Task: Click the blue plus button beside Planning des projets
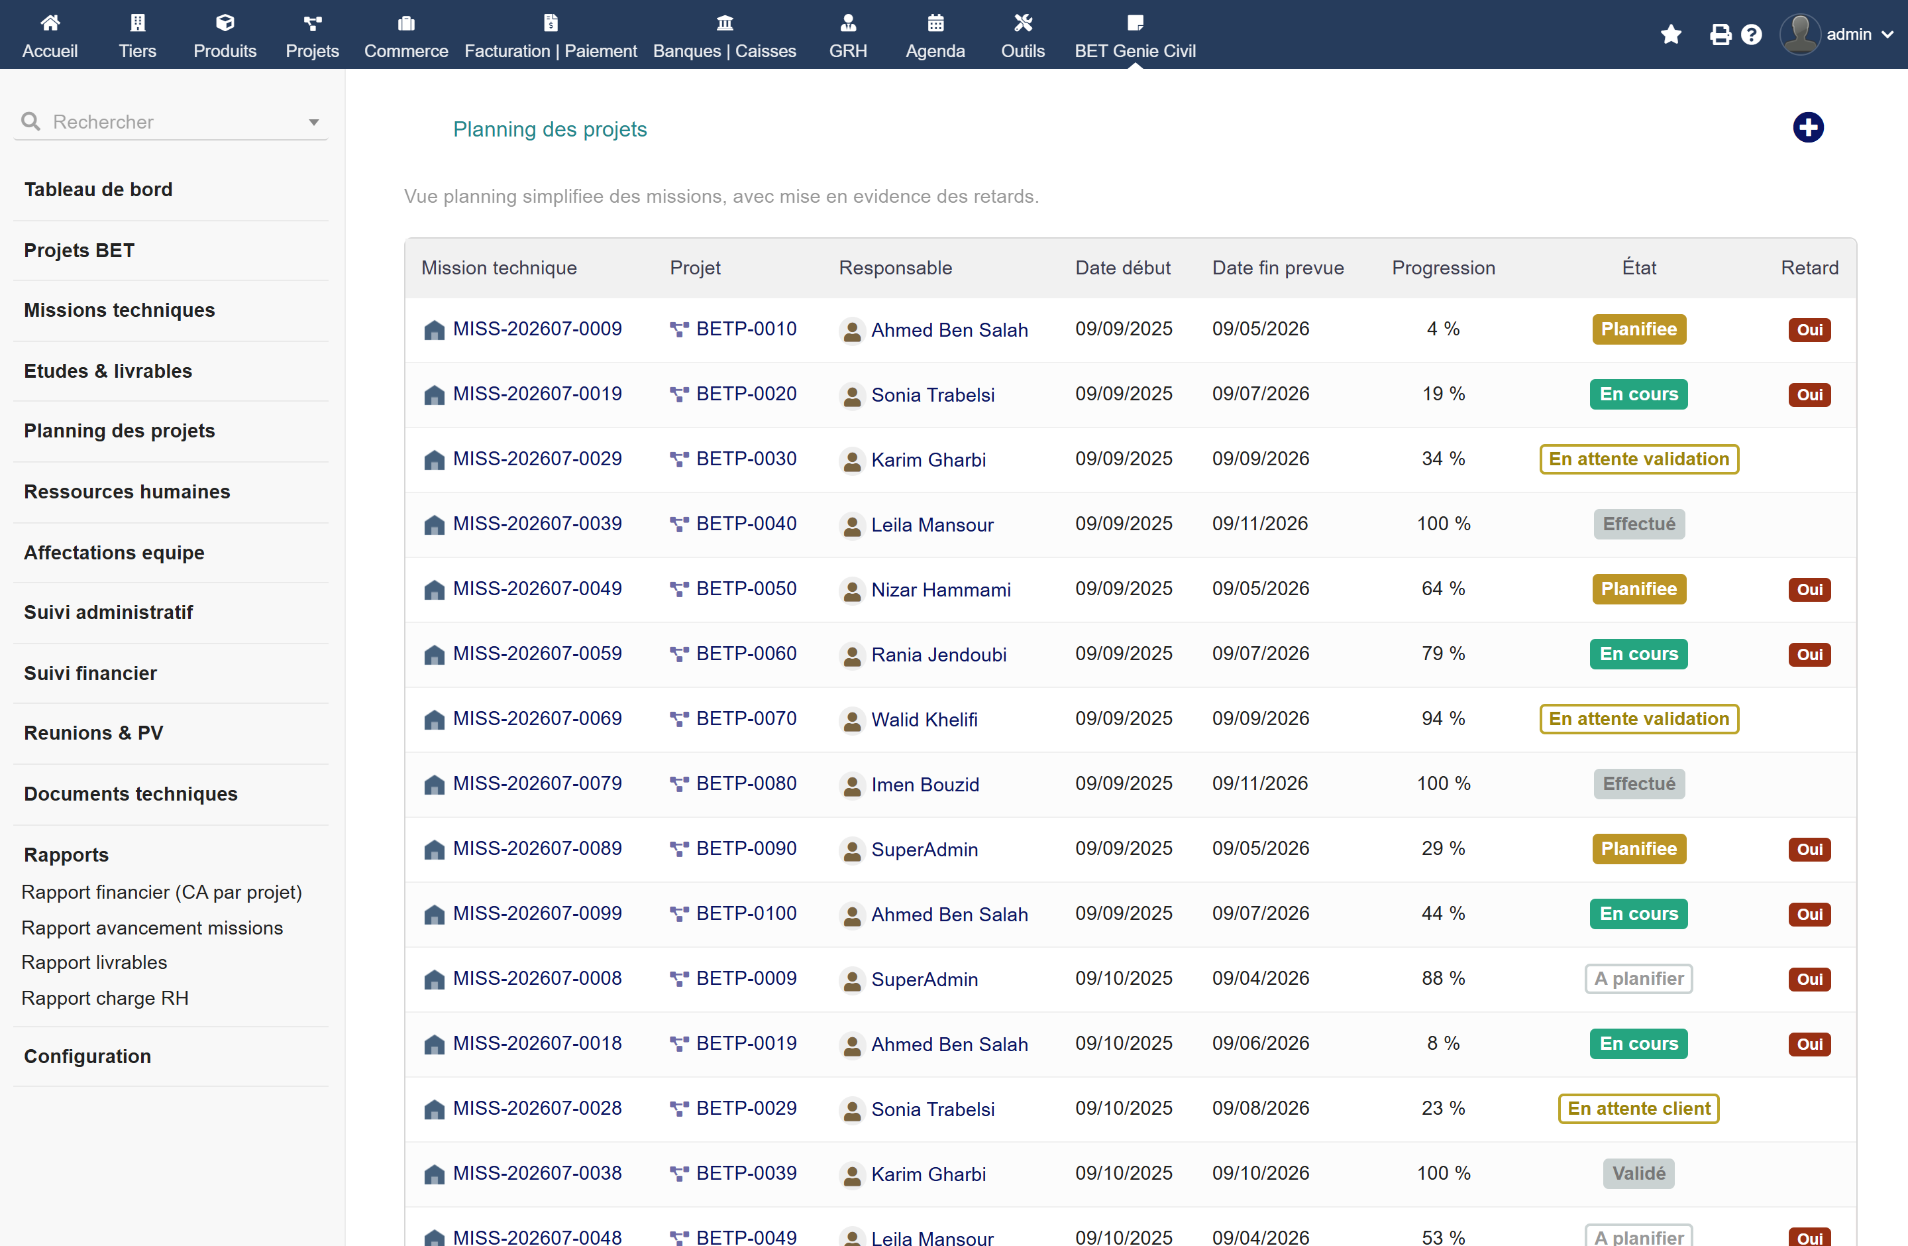tap(1808, 127)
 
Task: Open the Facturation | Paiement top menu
tap(551, 36)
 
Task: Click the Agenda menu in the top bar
tap(935, 36)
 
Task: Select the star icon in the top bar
tap(1671, 34)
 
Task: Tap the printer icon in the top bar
tap(1720, 34)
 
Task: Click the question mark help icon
tap(1751, 34)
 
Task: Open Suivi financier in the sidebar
tap(91, 673)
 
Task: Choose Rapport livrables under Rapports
tap(95, 962)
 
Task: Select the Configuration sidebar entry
tap(87, 1056)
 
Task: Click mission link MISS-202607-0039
tap(537, 524)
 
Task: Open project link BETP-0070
tap(747, 718)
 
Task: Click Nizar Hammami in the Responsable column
tap(941, 589)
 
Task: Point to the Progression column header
tap(1443, 268)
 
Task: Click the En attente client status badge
tap(1638, 1108)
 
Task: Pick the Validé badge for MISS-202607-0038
tap(1638, 1173)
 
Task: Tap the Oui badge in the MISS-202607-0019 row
tap(1809, 394)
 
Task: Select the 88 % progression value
tap(1443, 978)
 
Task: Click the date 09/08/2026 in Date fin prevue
tap(1260, 1108)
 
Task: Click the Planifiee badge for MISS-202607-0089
tap(1638, 848)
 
